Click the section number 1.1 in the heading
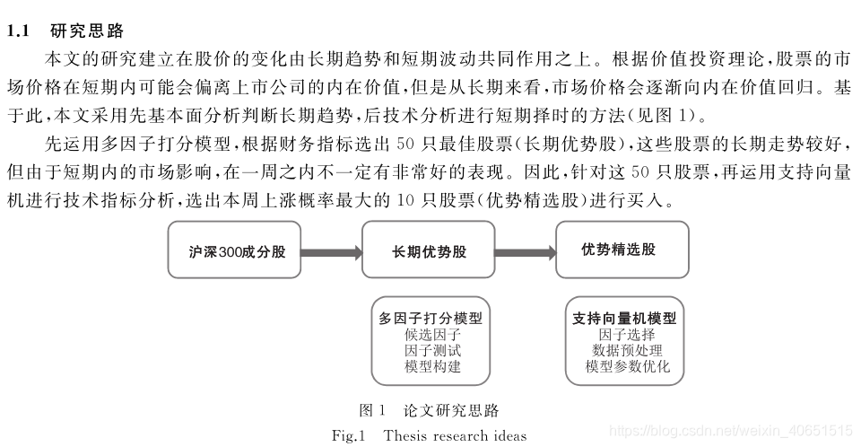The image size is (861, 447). click(19, 31)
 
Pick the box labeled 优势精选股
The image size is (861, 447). click(619, 250)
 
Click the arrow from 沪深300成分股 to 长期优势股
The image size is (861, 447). click(332, 251)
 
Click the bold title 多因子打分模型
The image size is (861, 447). click(430, 318)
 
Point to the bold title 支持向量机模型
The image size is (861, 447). click(624, 318)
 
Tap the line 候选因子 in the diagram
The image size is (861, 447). click(432, 335)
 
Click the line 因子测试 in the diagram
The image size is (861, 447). click(432, 351)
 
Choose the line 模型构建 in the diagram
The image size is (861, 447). click(432, 367)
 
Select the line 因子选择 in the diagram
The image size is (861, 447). click(625, 335)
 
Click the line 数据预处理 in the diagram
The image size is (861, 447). click(625, 351)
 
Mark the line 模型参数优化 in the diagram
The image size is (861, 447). click(625, 367)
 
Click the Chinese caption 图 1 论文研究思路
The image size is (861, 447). click(429, 411)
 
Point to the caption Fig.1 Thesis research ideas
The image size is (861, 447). click(429, 436)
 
